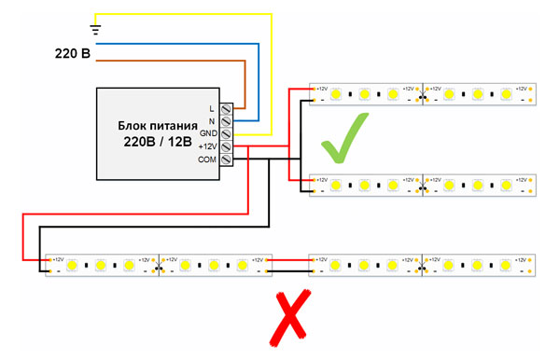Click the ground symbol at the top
tap(94, 28)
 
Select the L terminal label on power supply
tap(212, 108)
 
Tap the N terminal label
tap(211, 121)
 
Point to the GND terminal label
tap(206, 134)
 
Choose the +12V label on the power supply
tap(205, 147)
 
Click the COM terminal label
tap(206, 160)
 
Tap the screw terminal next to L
tap(225, 108)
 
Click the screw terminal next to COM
tap(225, 160)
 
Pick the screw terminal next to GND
tap(225, 134)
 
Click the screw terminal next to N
tap(225, 121)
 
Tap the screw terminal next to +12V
tap(225, 147)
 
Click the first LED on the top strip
tap(336, 94)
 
